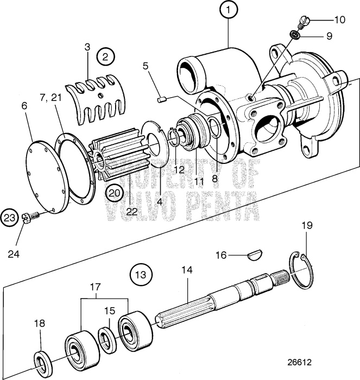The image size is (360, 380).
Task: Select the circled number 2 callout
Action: coord(105,55)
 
